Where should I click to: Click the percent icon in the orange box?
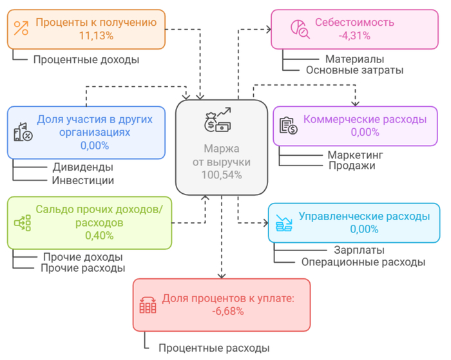point(21,28)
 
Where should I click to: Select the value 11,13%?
point(96,36)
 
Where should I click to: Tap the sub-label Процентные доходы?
point(86,60)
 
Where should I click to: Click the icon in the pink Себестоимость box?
point(298,28)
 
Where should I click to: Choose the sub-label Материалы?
point(354,59)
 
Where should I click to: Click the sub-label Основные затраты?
point(354,70)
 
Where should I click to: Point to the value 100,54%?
point(221,175)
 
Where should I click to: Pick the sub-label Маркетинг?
point(355,155)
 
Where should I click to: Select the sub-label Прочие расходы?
point(82,268)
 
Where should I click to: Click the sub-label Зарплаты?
point(360,250)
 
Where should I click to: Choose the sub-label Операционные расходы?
point(363,262)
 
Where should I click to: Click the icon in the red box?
point(148,305)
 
